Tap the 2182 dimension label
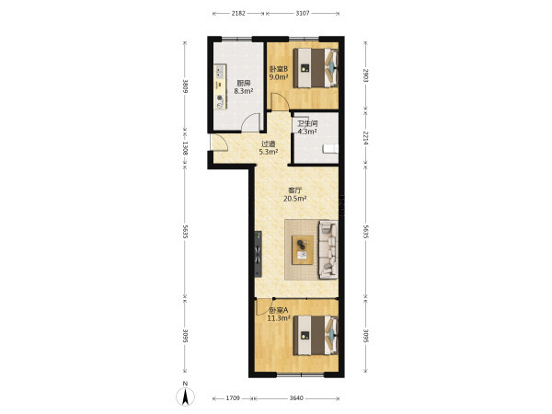pos(238,14)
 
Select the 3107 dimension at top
pos(303,14)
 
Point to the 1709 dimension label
pos(233,398)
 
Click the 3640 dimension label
pos(296,398)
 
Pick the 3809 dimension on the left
pos(185,86)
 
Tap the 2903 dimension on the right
pos(365,75)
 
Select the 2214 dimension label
pos(365,138)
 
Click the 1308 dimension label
pos(185,148)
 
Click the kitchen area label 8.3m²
pos(244,91)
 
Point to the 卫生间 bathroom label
pos(307,124)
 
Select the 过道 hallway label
pos(269,144)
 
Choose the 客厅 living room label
pos(295,190)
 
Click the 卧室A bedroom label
pos(279,311)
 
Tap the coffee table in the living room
pos(303,250)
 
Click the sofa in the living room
pos(328,249)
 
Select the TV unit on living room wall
pos(259,254)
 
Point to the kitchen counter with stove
pos(221,86)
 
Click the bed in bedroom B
pos(316,68)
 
